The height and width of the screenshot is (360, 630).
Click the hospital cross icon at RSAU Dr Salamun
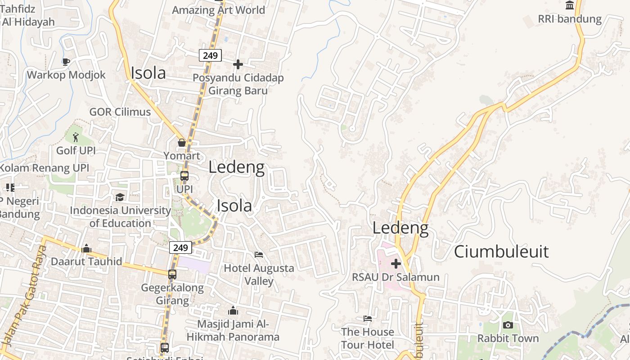click(x=396, y=264)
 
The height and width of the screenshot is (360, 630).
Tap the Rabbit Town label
click(x=508, y=338)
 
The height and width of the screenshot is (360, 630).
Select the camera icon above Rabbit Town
click(x=508, y=325)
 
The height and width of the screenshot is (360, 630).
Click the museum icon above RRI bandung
click(x=570, y=5)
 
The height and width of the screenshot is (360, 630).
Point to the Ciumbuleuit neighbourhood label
click(x=501, y=252)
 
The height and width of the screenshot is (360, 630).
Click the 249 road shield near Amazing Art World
click(x=210, y=55)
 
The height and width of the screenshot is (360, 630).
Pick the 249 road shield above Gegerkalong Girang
click(x=181, y=247)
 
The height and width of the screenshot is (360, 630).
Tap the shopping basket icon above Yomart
click(x=182, y=143)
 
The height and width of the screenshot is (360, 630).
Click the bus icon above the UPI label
click(x=184, y=176)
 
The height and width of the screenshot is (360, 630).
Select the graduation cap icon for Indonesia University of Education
click(x=120, y=197)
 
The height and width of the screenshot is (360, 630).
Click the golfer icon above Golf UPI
click(x=76, y=137)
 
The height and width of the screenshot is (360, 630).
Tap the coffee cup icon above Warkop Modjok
click(x=66, y=62)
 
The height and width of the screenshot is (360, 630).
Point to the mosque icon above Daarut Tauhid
click(x=86, y=248)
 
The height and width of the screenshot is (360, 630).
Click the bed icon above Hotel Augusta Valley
click(x=259, y=255)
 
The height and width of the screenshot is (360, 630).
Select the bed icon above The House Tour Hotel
click(x=368, y=319)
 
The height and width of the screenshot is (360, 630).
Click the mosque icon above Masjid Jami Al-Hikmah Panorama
click(x=233, y=310)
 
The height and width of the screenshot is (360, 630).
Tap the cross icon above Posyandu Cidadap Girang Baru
click(x=238, y=64)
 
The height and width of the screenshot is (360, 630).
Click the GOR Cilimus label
click(x=120, y=112)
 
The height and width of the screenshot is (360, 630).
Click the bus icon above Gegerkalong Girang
click(x=172, y=274)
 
